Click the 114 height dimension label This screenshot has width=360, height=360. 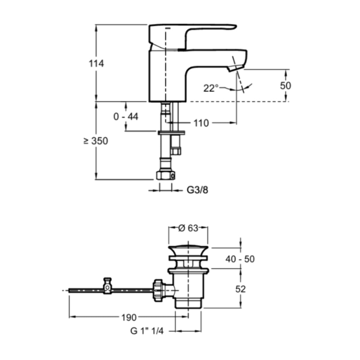[96, 64]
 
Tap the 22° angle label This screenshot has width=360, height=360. [211, 88]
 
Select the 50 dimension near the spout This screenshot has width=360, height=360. [286, 86]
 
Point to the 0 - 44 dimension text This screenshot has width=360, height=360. [126, 117]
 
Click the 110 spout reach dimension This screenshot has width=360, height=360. [201, 123]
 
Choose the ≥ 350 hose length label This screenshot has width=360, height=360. [96, 141]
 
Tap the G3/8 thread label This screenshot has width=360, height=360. [197, 190]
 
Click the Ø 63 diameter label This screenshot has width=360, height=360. [188, 228]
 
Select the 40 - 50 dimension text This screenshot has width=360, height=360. [240, 259]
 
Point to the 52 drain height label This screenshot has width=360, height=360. [240, 289]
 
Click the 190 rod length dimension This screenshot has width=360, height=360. [129, 317]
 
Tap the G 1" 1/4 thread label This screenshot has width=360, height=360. [147, 331]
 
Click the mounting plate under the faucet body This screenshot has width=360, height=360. [171, 133]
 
